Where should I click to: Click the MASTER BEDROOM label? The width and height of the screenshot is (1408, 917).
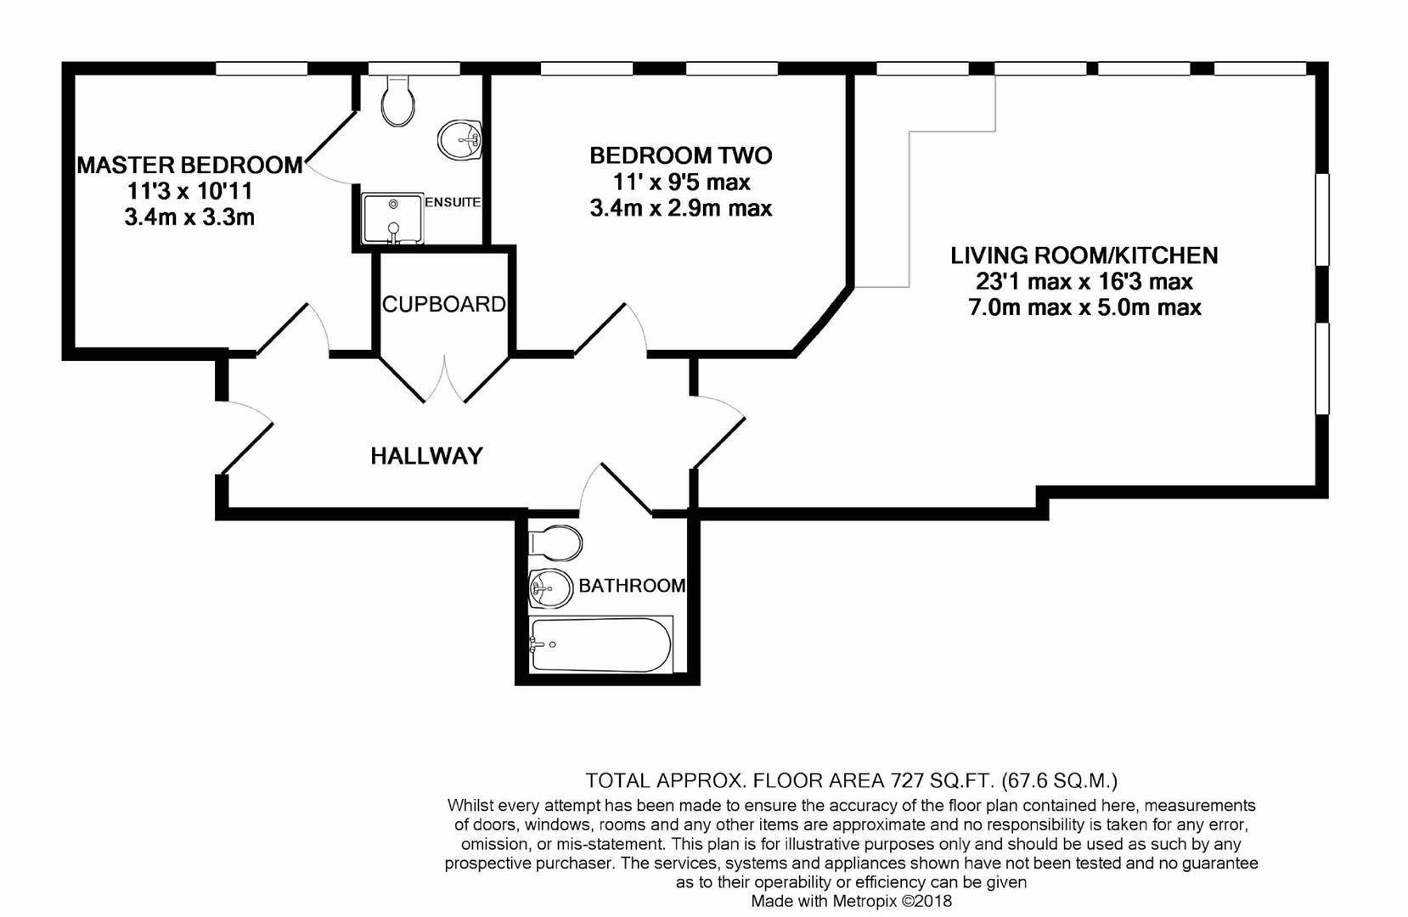(189, 165)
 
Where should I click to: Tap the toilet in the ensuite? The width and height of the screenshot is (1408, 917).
(397, 101)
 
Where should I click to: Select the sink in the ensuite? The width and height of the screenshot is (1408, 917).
(459, 139)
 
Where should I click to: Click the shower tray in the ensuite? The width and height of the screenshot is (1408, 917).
(391, 217)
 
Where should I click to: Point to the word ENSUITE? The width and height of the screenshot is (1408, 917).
(452, 202)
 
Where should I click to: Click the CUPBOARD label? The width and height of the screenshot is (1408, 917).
(443, 304)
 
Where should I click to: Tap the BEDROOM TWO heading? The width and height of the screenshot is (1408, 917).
(680, 155)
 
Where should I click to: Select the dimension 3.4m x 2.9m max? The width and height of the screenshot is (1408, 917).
(680, 208)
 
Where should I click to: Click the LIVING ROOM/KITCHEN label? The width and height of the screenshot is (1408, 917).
(1084, 255)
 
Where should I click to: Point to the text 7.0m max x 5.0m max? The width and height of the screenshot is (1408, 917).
(1084, 307)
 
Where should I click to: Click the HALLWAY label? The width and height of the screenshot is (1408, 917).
(426, 456)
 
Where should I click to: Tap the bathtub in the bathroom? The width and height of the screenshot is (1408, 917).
(600, 644)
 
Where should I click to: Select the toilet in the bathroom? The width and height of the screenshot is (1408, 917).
(555, 543)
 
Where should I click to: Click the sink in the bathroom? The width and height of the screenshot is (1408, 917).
(549, 588)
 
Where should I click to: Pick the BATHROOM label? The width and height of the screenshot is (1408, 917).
(631, 586)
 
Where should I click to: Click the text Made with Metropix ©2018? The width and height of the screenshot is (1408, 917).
(851, 902)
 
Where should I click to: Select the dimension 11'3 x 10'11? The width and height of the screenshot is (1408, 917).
(189, 191)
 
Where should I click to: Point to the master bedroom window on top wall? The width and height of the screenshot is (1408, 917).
(261, 69)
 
